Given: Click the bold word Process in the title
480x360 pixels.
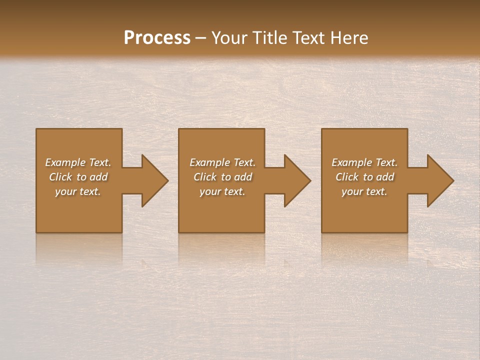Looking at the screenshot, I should click(157, 38).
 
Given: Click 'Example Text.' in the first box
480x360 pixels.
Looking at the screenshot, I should click(78, 162).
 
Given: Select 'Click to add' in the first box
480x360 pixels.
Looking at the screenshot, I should click(78, 177).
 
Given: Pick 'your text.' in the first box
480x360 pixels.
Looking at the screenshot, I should click(78, 191).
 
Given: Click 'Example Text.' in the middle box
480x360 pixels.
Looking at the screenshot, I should click(222, 162).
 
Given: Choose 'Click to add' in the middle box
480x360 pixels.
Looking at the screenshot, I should click(222, 177).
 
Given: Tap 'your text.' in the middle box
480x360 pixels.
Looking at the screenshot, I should click(222, 191).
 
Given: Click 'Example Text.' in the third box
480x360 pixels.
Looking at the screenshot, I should click(364, 162).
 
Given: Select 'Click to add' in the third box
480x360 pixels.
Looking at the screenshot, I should click(364, 177).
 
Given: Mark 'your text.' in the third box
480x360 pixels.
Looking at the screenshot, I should click(364, 191).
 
